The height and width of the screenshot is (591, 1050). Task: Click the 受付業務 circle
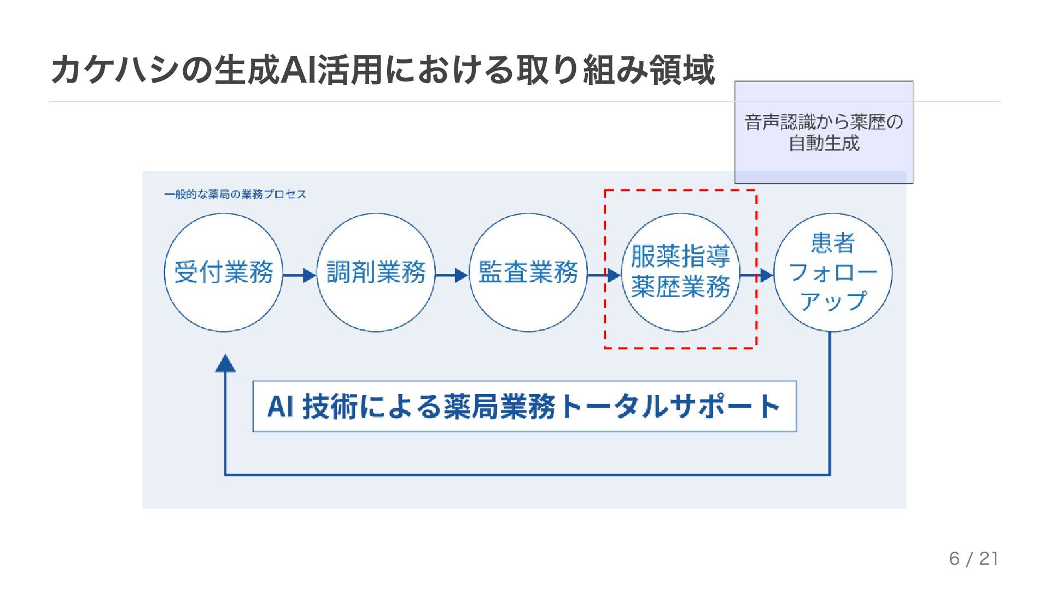coord(224,272)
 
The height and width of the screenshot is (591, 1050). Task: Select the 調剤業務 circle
coord(376,272)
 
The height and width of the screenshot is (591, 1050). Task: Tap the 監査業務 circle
coord(528,272)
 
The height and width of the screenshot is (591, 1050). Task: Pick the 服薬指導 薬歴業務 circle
coord(680,272)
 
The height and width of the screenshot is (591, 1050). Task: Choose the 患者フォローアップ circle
coord(832,272)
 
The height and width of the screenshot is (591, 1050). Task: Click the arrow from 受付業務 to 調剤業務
coord(300,275)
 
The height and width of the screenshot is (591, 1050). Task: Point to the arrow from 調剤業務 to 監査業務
coord(452,275)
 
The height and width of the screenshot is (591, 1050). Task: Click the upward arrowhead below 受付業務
coord(225,364)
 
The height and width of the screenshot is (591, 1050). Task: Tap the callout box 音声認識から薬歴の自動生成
coord(824,132)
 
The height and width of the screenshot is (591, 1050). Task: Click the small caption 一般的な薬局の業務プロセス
coord(235,194)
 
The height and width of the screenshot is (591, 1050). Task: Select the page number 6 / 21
coord(974,559)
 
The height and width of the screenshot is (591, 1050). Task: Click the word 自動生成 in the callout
coord(824,143)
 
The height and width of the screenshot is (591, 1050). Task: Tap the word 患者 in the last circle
coord(832,243)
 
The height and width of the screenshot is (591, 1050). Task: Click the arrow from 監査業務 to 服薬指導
coord(604,275)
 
